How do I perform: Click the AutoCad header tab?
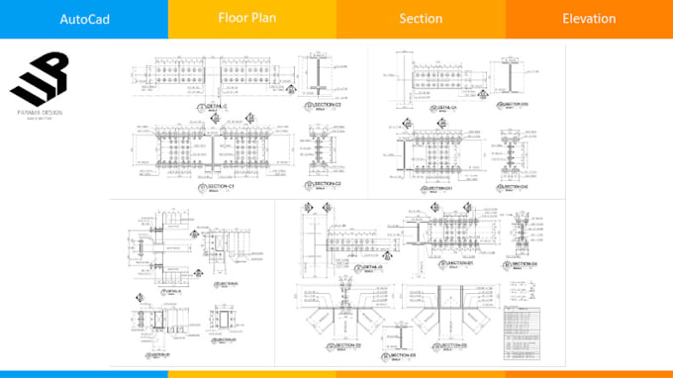84,19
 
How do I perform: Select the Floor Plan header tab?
251,18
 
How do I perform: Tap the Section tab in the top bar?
421,19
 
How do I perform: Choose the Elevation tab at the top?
589,19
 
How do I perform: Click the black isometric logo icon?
41,77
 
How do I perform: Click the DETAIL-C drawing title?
217,107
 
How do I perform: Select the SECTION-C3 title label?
328,107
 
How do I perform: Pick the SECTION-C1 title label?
219,186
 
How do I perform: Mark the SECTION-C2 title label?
328,184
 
